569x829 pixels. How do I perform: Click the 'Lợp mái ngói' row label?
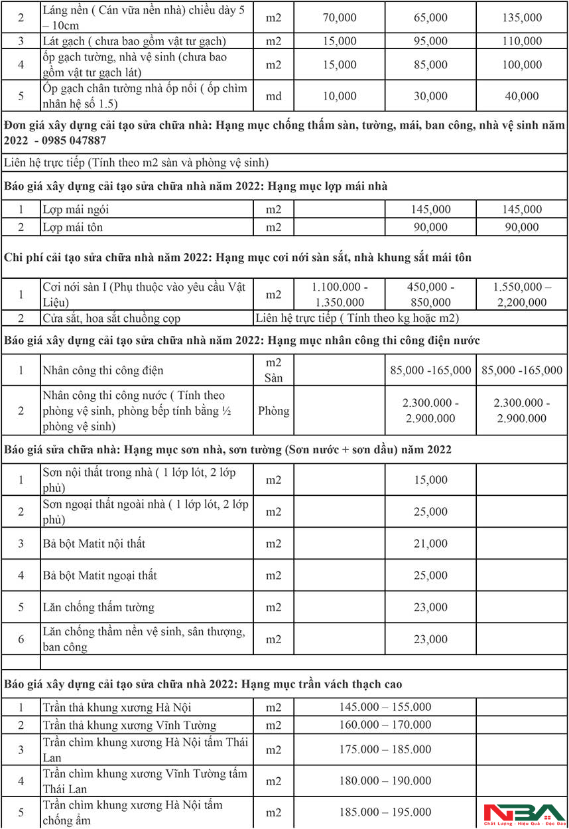(76, 210)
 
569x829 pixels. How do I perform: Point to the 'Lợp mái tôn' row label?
(73, 228)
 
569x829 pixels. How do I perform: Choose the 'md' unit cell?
(274, 96)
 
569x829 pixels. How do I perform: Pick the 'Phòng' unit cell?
(274, 411)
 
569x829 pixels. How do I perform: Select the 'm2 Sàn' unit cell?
(274, 370)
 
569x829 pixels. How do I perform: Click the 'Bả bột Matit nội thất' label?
(94, 544)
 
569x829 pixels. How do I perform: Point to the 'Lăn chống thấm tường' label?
(98, 607)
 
